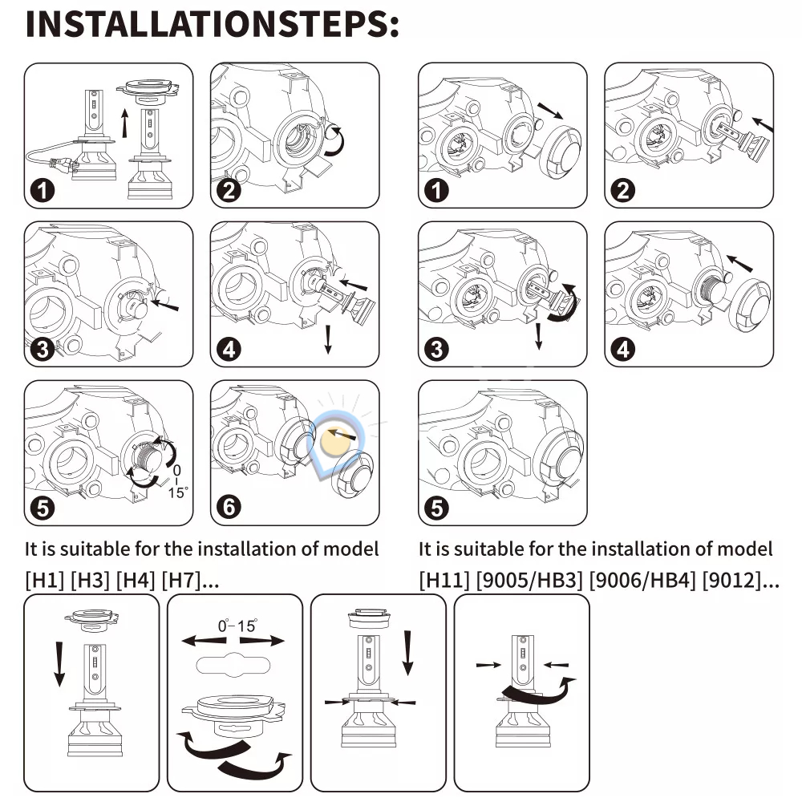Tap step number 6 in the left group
click(x=229, y=506)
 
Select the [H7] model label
click(x=180, y=581)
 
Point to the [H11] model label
click(x=444, y=581)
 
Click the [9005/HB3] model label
click(x=529, y=581)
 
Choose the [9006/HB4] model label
click(x=642, y=581)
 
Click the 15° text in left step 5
click(x=177, y=492)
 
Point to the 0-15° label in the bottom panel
click(x=237, y=626)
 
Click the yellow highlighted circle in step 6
click(x=334, y=440)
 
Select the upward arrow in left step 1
click(x=124, y=123)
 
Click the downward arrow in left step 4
click(x=328, y=339)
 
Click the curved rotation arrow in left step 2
click(x=335, y=140)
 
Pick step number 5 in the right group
click(x=436, y=508)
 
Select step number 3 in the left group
click(x=42, y=350)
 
